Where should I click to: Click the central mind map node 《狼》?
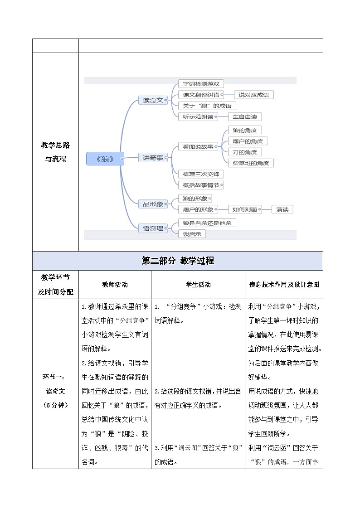click(105, 159)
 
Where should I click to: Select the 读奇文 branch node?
click(153, 100)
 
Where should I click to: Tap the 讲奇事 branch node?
click(153, 158)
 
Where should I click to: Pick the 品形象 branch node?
click(153, 204)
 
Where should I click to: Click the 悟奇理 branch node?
click(153, 228)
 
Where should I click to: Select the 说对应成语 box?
click(253, 95)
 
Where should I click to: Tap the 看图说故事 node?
click(198, 146)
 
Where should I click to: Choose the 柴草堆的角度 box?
click(250, 163)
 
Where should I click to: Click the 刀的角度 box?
click(244, 152)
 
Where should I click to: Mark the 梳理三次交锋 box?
click(200, 174)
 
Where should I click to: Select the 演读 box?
click(282, 209)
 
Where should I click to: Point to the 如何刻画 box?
click(244, 209)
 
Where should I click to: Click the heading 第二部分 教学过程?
click(178, 261)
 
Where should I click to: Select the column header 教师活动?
click(115, 285)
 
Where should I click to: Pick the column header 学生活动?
click(198, 285)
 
